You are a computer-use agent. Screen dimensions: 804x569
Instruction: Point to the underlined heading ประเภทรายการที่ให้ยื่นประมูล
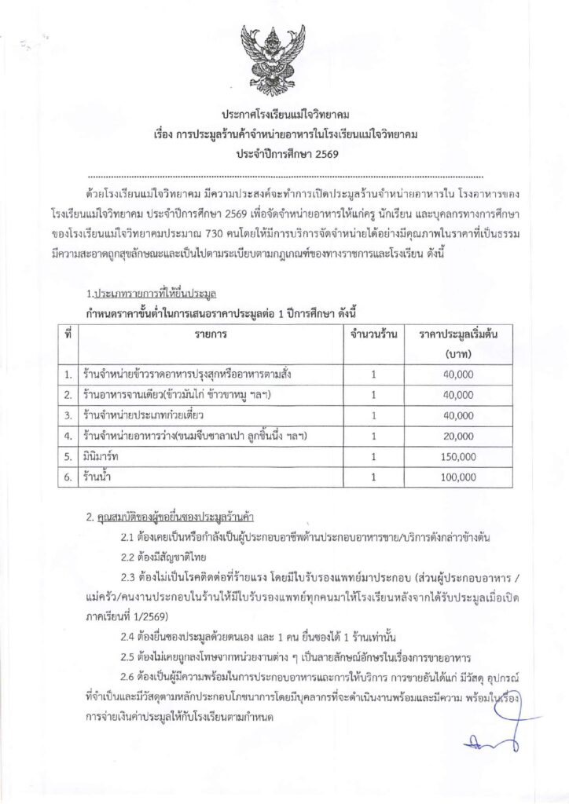pos(154,295)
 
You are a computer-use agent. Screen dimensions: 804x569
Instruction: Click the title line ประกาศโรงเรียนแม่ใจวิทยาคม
pos(284,115)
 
